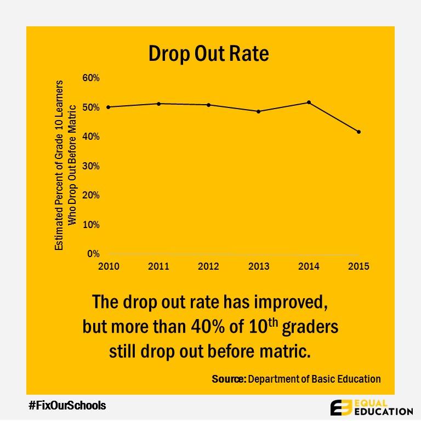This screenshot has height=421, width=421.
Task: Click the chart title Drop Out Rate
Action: click(x=209, y=54)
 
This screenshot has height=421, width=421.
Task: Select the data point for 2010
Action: click(x=108, y=107)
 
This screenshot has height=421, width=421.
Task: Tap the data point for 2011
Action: click(x=158, y=104)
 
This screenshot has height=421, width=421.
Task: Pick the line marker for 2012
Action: click(x=209, y=105)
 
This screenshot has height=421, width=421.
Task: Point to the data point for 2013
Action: click(x=259, y=111)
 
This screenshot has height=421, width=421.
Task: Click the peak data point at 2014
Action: click(x=309, y=102)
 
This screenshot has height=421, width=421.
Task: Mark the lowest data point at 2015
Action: click(x=359, y=132)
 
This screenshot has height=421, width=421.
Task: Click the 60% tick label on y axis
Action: click(x=91, y=78)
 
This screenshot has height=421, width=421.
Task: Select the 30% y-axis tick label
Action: click(x=91, y=166)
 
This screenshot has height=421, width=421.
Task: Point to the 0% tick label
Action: click(x=93, y=254)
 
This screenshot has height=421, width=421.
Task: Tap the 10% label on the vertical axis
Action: click(x=91, y=225)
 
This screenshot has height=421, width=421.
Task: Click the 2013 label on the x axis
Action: click(x=259, y=266)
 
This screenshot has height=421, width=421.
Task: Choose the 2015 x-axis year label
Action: click(x=359, y=266)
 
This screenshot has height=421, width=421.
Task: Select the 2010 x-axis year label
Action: click(x=108, y=266)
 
